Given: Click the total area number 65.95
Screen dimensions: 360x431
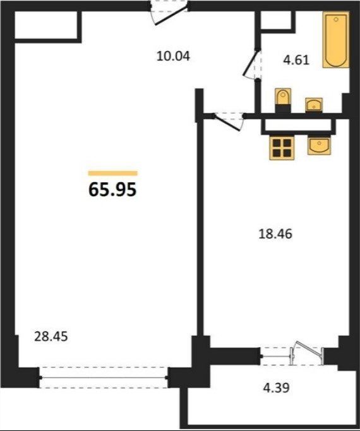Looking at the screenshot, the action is tap(112, 189).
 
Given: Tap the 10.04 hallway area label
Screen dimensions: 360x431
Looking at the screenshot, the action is tap(173, 56).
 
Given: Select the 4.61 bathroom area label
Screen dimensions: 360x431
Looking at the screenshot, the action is tap(296, 60).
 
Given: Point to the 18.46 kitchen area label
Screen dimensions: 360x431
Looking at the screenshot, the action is tap(275, 234).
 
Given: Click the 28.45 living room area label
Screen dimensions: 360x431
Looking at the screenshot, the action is tap(51, 336).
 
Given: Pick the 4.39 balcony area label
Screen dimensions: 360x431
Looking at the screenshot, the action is tap(277, 388).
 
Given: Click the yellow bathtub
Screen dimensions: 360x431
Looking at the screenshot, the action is tap(336, 40).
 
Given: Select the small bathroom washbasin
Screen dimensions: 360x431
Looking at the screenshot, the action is tap(314, 105).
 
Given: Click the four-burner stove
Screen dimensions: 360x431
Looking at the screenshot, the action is tap(282, 148).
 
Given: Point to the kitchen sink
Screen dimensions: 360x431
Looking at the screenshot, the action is tap(319, 146).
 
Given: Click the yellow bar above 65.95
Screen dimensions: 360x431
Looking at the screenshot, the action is tap(113, 173).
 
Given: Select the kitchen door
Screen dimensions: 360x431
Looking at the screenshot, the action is tap(229, 121).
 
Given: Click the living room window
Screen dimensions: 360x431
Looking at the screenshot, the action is tap(104, 377).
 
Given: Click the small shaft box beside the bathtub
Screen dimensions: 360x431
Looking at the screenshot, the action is tap(276, 20).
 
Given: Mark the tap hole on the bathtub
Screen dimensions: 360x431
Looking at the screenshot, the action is tap(336, 19).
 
